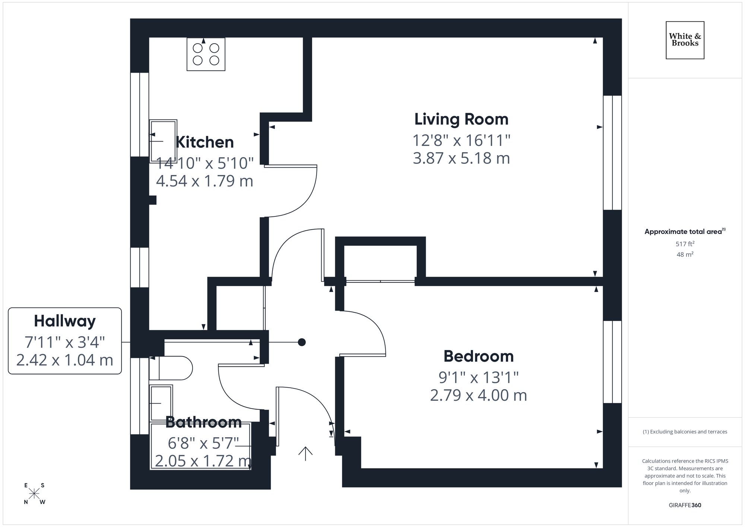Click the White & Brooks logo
(x=685, y=40)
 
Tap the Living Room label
(x=461, y=120)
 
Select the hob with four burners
(x=206, y=54)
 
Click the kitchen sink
(x=163, y=141)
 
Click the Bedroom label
(x=478, y=356)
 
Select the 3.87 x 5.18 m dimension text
(x=461, y=158)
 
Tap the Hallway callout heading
(x=65, y=321)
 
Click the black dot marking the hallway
(x=302, y=342)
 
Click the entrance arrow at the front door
(x=305, y=453)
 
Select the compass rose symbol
(x=34, y=493)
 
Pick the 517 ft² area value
(x=685, y=244)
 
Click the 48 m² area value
(x=685, y=255)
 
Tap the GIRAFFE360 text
(x=685, y=505)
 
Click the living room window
(x=612, y=153)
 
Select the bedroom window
(x=612, y=362)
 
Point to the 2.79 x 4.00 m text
(x=478, y=395)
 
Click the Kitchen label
(x=205, y=142)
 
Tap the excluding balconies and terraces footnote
(x=685, y=432)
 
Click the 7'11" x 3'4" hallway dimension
(x=65, y=342)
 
